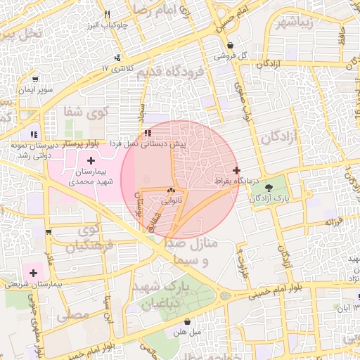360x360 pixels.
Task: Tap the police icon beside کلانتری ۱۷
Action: pos(117,58)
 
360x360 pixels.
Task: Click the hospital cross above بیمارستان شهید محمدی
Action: pos(91,162)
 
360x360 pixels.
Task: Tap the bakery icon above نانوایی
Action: pos(172,191)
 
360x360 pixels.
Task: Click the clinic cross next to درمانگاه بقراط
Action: pos(236,170)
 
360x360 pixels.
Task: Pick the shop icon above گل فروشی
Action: pos(231,46)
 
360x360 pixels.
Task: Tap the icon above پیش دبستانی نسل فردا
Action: pos(147,133)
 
